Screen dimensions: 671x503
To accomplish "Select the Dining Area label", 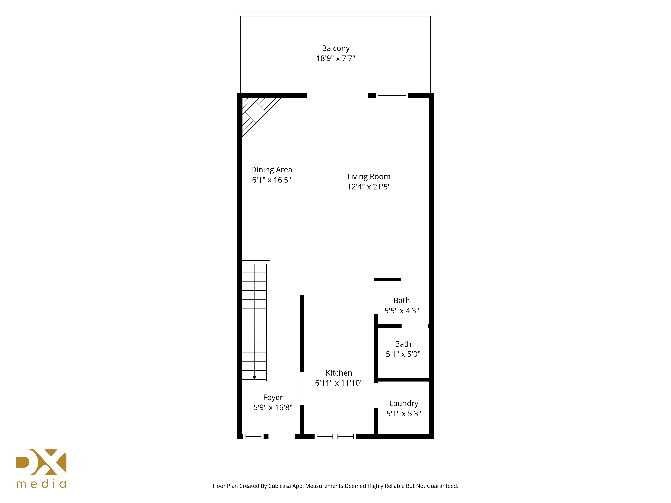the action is pos(271,170).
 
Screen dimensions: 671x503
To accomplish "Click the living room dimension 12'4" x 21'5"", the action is pos(369,187).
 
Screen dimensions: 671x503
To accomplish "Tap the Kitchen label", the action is pos(339,373).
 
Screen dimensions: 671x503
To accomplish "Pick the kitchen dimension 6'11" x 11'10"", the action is pos(339,383).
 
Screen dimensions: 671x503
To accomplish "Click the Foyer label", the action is pos(273,398).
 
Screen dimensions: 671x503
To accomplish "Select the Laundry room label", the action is pos(404,404).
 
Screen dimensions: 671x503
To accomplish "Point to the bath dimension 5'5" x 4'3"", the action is pos(402,311).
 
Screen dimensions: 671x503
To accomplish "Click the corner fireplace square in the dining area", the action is pos(256,112).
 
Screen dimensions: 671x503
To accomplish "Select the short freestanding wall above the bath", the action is pos(387,280).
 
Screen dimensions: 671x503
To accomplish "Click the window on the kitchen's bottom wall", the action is pos(335,437).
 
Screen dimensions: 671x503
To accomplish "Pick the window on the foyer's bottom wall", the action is pos(254,437).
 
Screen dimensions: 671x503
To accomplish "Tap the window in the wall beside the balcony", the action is pos(392,96).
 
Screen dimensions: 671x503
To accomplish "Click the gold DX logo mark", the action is pos(41,462).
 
